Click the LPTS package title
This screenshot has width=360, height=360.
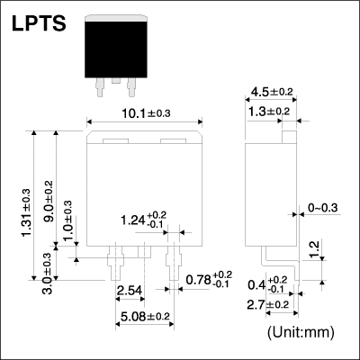tap(39, 23)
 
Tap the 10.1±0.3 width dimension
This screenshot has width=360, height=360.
tap(146, 113)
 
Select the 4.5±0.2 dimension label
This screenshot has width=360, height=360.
tap(272, 92)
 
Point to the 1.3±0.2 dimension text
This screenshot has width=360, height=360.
tap(269, 112)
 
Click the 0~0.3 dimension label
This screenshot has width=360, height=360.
tap(323, 207)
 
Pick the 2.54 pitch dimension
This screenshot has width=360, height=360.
tap(130, 291)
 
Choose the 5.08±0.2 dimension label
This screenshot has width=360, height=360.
tap(145, 316)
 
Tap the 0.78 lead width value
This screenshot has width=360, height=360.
tap(199, 280)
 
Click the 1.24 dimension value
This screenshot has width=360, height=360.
tap(133, 220)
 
